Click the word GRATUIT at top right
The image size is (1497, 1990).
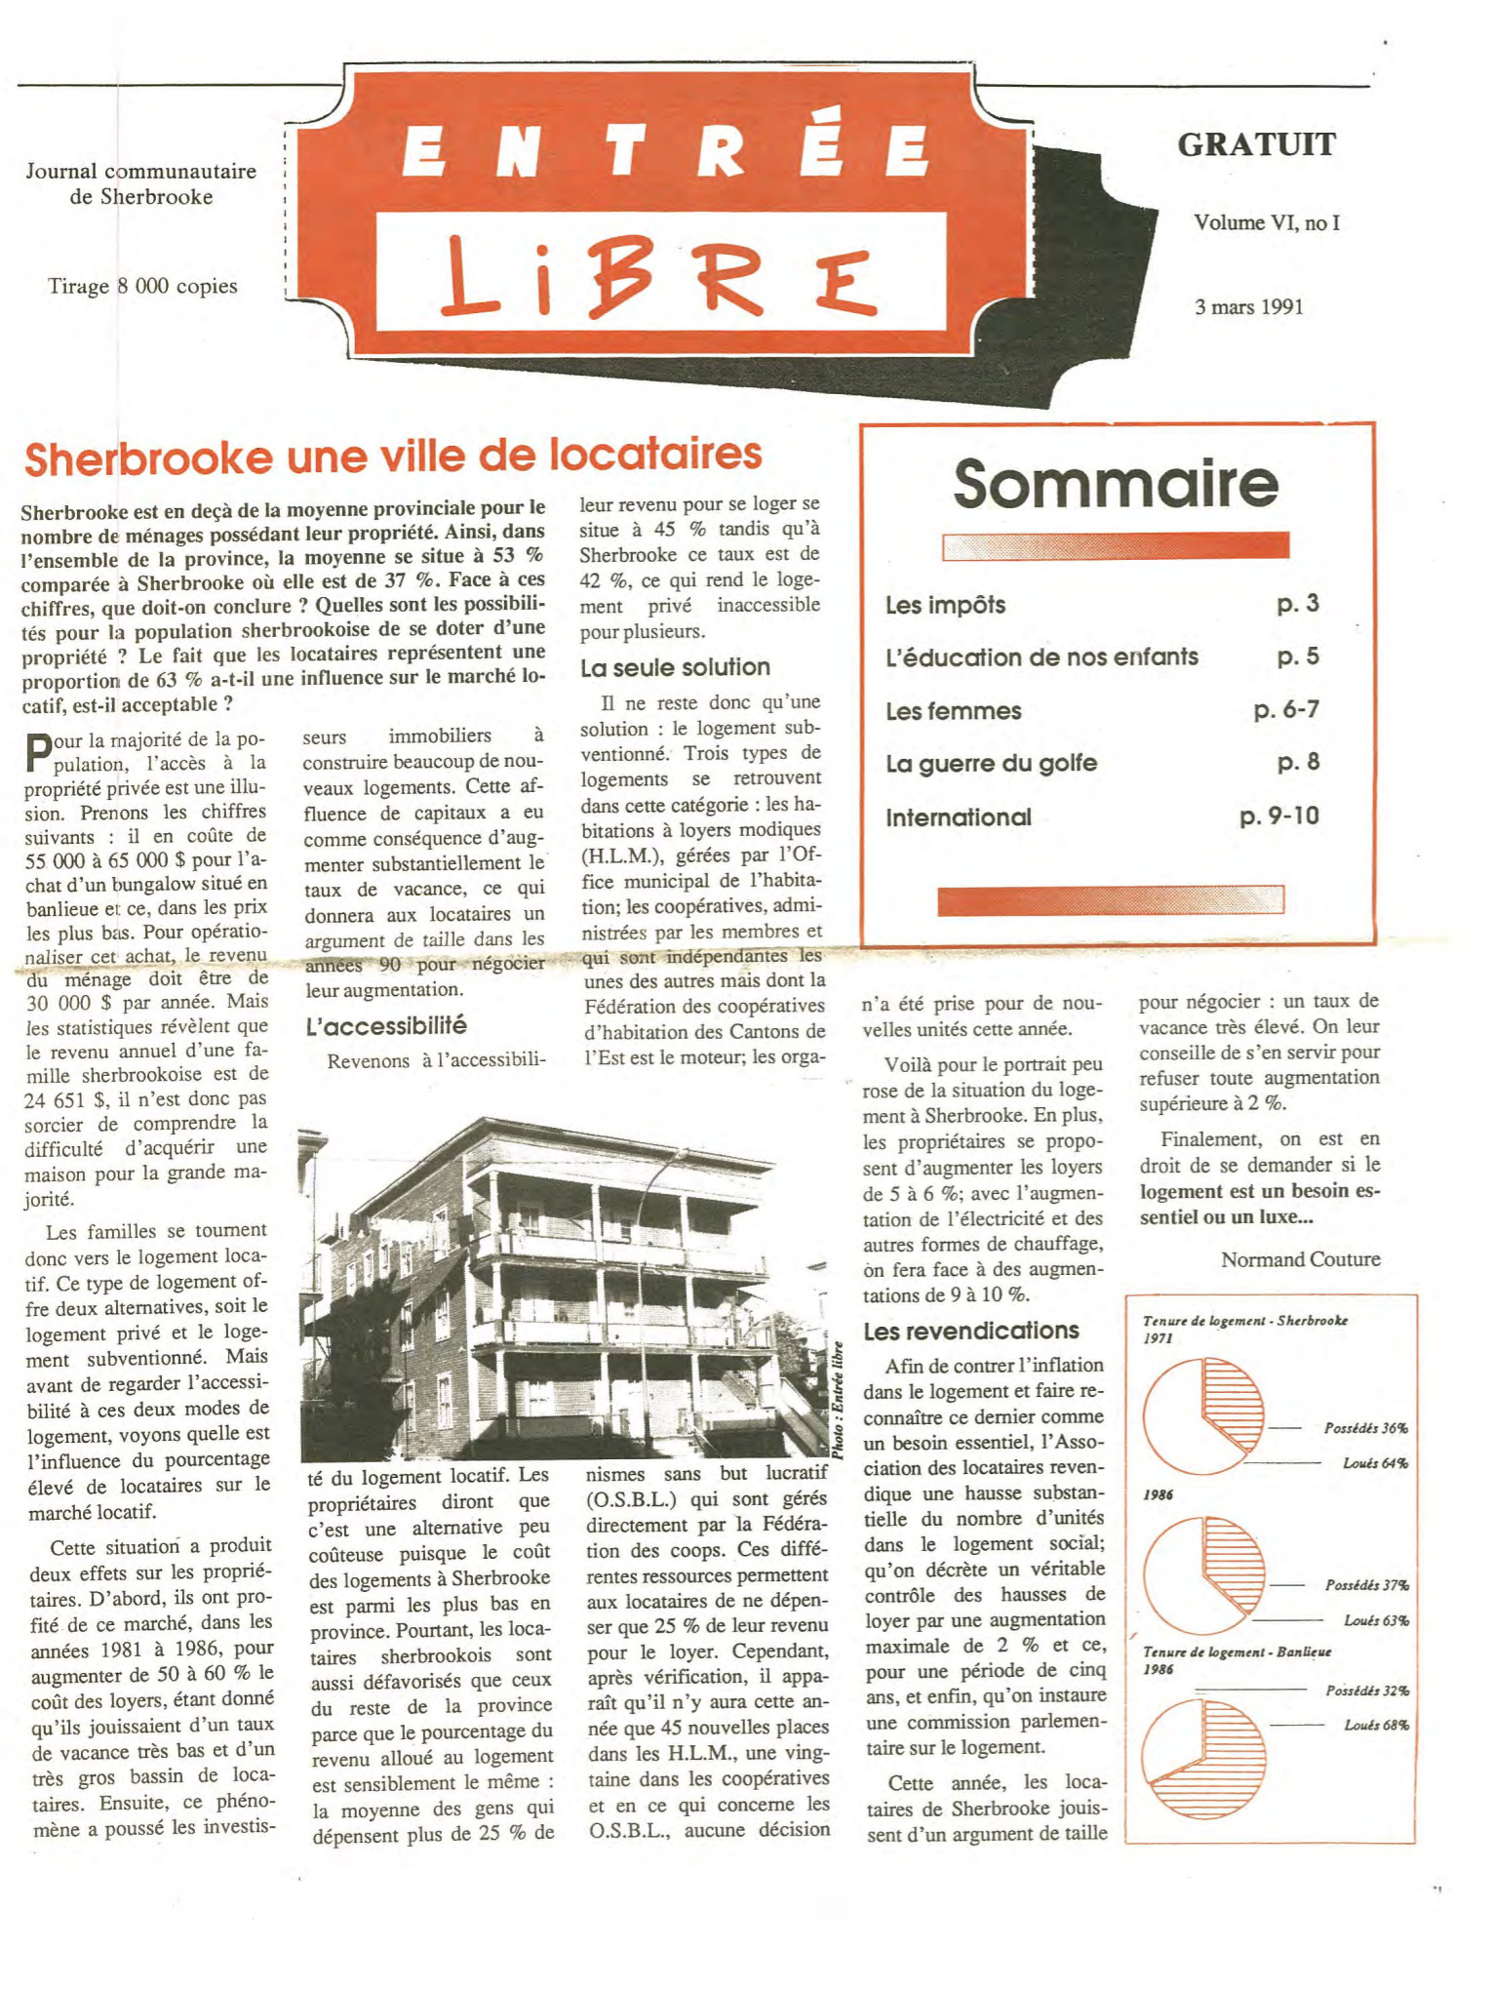click(x=1256, y=144)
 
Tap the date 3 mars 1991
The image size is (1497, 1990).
click(x=1248, y=307)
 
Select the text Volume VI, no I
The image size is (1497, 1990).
click(x=1266, y=222)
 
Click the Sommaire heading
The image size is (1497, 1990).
click(x=1116, y=484)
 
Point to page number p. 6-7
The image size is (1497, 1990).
click(x=1285, y=710)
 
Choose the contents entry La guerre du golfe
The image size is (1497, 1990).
click(x=991, y=763)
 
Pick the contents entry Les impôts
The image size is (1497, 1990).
click(x=945, y=605)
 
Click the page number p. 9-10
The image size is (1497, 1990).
click(x=1279, y=816)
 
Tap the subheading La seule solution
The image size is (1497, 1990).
click(x=675, y=667)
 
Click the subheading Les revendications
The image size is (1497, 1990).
click(x=970, y=1331)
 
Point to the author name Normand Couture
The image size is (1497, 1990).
click(x=1300, y=1259)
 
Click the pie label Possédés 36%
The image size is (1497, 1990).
click(x=1365, y=1428)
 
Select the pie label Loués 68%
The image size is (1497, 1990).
click(x=1375, y=1725)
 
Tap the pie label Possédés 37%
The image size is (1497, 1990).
click(x=1366, y=1585)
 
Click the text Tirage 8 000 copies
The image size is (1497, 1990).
click(x=142, y=286)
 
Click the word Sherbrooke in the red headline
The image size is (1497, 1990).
click(x=147, y=458)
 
